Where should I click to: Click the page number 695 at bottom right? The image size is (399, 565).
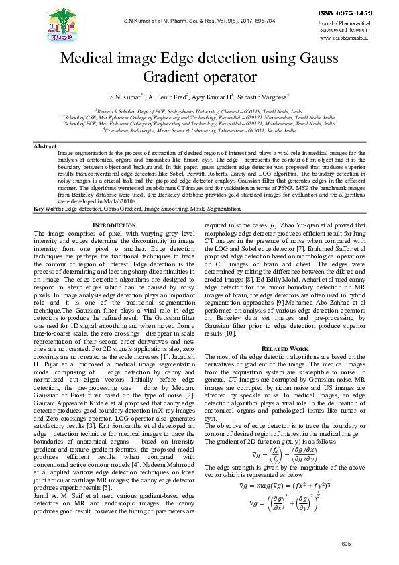[346, 543]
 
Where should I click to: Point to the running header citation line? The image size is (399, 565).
[200, 22]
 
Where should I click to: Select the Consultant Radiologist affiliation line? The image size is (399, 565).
[199, 132]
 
